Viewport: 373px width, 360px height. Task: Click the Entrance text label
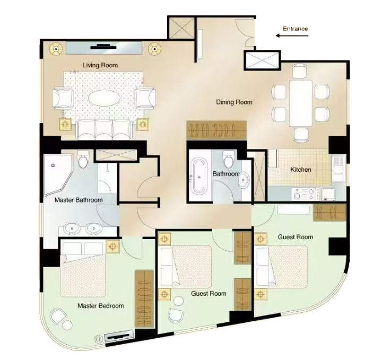295,29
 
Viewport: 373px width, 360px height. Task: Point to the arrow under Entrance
292,36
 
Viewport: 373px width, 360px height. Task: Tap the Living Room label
100,65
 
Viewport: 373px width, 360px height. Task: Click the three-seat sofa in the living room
104,129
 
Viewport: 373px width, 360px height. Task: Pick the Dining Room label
234,102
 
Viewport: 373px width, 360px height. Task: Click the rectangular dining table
301,103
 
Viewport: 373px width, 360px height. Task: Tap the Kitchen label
301,170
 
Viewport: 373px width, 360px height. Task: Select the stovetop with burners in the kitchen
306,194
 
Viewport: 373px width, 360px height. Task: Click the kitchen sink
339,169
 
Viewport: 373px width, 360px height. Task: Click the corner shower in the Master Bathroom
58,175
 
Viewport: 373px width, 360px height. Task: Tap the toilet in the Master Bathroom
83,159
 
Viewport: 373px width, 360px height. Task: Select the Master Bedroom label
101,306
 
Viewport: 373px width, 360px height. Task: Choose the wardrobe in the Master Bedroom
144,298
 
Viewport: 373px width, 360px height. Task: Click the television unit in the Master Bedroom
118,337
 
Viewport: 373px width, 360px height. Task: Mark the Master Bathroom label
79,200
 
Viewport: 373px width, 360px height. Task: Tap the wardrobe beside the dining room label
216,130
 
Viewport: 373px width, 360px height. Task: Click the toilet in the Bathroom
229,159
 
